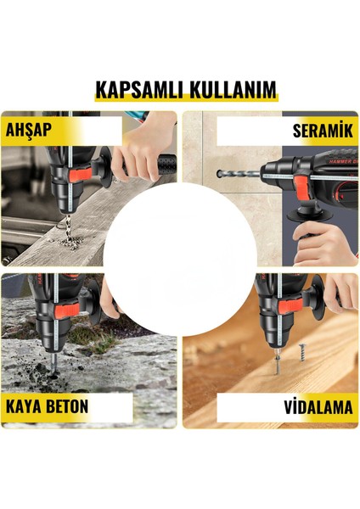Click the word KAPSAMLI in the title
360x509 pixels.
tap(134, 90)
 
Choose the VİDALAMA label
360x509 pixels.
tap(318, 407)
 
